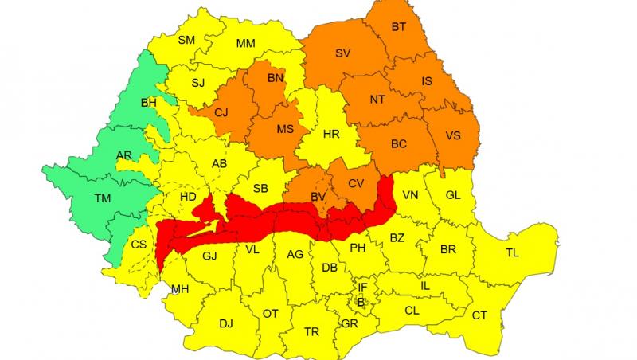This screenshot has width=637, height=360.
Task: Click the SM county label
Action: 186,40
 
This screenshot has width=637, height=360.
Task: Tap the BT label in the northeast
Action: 399,27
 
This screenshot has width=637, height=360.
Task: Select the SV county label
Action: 343,53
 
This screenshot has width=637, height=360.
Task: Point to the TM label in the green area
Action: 104,198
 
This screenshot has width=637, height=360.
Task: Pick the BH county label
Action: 149,103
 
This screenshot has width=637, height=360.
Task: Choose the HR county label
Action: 331,135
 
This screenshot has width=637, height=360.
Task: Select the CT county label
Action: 479,316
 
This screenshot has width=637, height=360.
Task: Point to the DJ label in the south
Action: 226,323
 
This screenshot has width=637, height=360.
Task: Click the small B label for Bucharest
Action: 359,301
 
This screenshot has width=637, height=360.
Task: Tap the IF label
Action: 362,287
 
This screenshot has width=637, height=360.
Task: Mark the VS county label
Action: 452,135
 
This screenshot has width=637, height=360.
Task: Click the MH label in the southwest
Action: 181,288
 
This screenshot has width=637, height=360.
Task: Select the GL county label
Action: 452,195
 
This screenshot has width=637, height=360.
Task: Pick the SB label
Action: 260,189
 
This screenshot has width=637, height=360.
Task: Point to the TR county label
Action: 311,331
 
